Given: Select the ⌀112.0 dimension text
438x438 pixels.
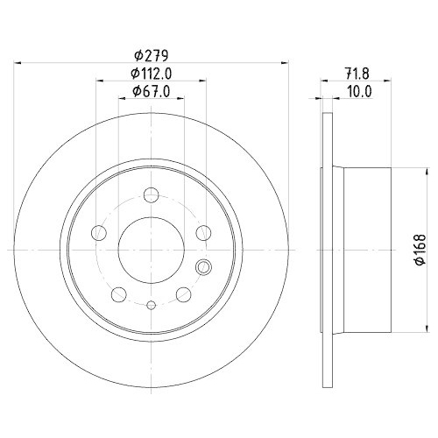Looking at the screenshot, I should [150, 74].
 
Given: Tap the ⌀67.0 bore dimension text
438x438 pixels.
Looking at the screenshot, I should [150, 92].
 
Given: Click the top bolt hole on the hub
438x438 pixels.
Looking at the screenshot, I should [151, 195].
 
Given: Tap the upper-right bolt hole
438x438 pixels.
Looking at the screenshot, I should [203, 231].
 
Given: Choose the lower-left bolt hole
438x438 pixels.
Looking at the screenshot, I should [117, 293].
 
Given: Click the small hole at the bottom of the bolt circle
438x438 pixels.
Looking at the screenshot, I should [151, 305].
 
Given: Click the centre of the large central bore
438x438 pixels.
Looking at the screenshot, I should [151, 247].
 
